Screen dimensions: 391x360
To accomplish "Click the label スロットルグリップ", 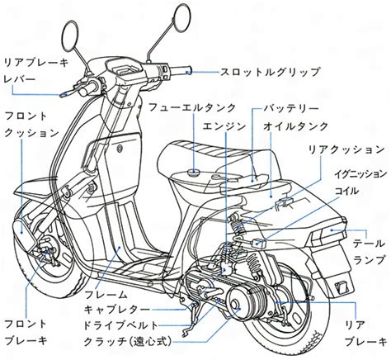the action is (x=271, y=72).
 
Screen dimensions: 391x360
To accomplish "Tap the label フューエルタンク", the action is (x=192, y=107).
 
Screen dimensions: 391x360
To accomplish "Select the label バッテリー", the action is (x=291, y=108).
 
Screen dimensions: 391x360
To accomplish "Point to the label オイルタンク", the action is (x=296, y=126).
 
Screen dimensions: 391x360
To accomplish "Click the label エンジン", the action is (x=224, y=126).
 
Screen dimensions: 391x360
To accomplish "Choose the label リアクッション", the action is (x=346, y=149).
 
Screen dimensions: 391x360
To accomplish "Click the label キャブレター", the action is (x=117, y=310).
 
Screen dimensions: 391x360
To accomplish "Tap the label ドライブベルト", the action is (x=121, y=325).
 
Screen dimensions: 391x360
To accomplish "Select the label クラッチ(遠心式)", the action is (x=128, y=342).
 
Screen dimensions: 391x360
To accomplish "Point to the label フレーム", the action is (x=106, y=295).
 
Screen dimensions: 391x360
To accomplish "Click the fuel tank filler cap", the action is (x=193, y=173).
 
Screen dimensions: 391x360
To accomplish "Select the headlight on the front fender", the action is (x=23, y=232).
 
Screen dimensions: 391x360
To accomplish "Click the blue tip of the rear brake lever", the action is (x=64, y=94).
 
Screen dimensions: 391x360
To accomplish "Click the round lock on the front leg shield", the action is (x=120, y=149).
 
